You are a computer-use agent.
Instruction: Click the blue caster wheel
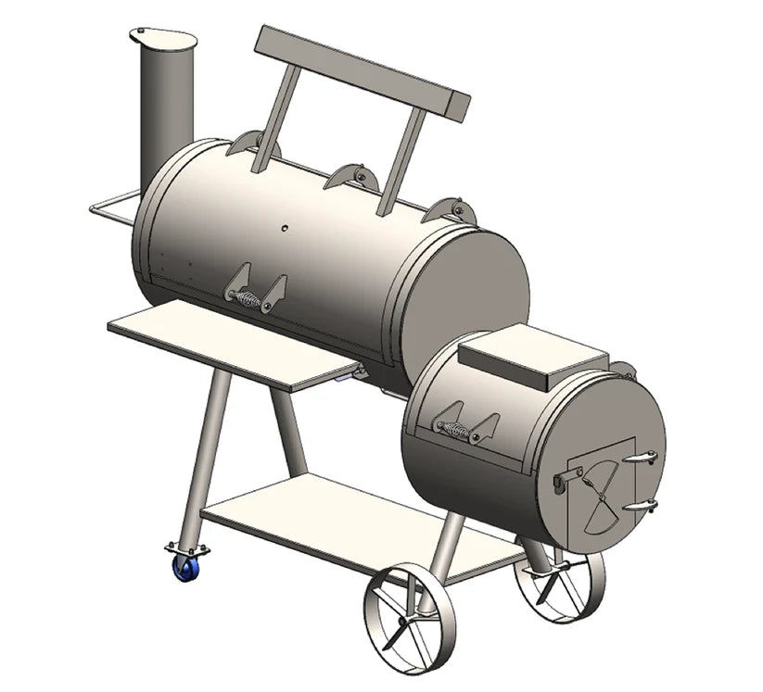181,567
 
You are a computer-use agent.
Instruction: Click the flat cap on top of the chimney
164,38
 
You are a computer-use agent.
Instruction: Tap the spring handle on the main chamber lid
248,298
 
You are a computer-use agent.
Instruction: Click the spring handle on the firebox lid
455,428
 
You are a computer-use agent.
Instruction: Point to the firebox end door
598,491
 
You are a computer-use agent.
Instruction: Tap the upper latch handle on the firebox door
639,459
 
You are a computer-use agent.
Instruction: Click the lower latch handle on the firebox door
639,506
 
